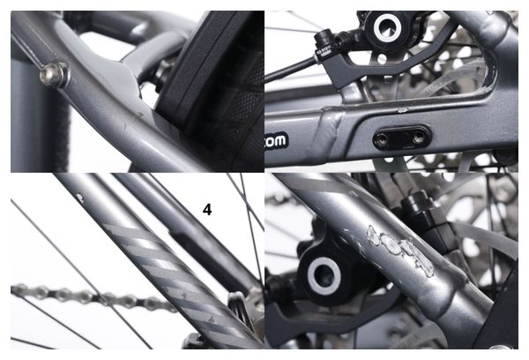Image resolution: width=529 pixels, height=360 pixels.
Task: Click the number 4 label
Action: (207, 210)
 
